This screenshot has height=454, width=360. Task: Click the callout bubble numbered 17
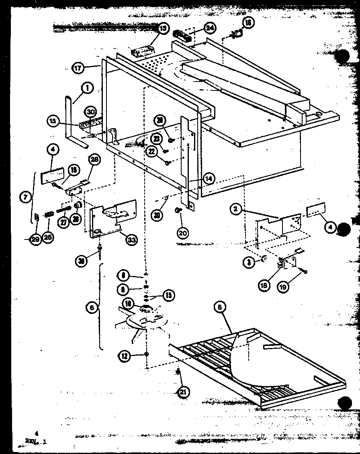coord(78,68)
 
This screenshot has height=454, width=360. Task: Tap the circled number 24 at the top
coord(210,28)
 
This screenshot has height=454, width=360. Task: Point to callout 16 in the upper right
coord(248,23)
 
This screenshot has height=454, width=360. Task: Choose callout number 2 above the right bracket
coord(236,209)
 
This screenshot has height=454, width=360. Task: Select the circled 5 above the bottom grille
coord(219,307)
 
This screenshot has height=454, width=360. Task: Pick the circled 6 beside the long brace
coord(92,307)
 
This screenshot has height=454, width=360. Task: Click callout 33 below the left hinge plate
coord(131,240)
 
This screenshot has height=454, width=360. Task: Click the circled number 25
coord(48,237)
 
